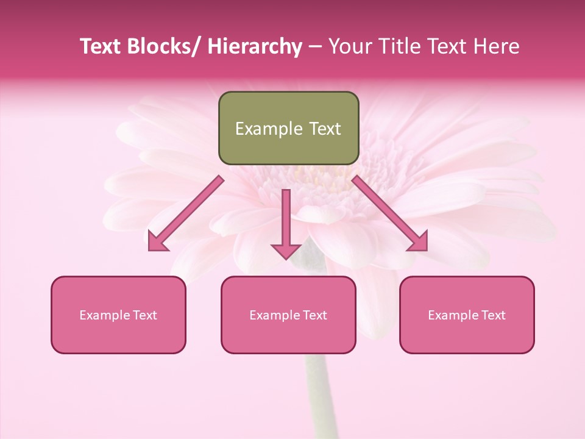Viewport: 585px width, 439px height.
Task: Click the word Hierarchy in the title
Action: (254, 46)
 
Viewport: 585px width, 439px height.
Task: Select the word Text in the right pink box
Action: (494, 315)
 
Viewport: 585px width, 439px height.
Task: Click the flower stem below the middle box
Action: (316, 396)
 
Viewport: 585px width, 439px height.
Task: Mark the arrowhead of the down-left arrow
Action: (158, 242)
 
